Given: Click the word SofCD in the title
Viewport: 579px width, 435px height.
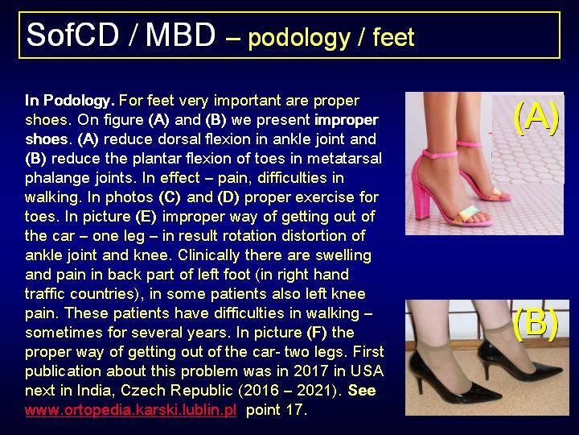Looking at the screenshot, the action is pyautogui.click(x=72, y=35).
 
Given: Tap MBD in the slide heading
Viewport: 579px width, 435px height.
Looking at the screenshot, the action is pyautogui.click(x=180, y=35).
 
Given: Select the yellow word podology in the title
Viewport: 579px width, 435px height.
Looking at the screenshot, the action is pyautogui.click(x=298, y=39).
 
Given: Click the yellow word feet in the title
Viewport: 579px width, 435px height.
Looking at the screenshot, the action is pyautogui.click(x=393, y=37).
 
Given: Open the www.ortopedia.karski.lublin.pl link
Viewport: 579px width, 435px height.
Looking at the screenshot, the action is pyautogui.click(x=131, y=410).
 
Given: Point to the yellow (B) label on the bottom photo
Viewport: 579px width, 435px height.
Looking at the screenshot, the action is pyautogui.click(x=536, y=324).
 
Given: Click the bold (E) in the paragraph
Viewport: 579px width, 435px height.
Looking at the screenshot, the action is pyautogui.click(x=146, y=217).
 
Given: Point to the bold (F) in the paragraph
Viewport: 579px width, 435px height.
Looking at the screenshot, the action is pyautogui.click(x=317, y=333).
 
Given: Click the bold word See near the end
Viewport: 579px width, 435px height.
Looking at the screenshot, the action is pyautogui.click(x=362, y=390).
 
